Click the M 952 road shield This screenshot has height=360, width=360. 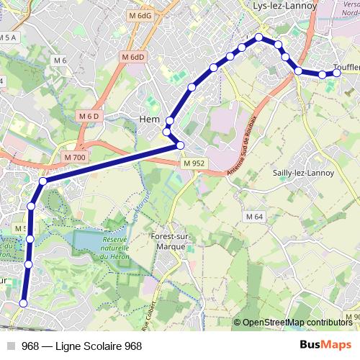point(194,163)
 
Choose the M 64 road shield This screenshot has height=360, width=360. point(253,217)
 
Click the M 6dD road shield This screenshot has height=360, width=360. point(133,57)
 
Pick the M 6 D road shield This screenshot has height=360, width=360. point(89,116)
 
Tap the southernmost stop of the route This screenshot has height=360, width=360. point(22,304)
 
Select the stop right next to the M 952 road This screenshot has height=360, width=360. point(180,146)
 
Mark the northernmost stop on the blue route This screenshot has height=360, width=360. point(258,37)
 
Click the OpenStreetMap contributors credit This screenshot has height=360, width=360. point(297,323)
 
